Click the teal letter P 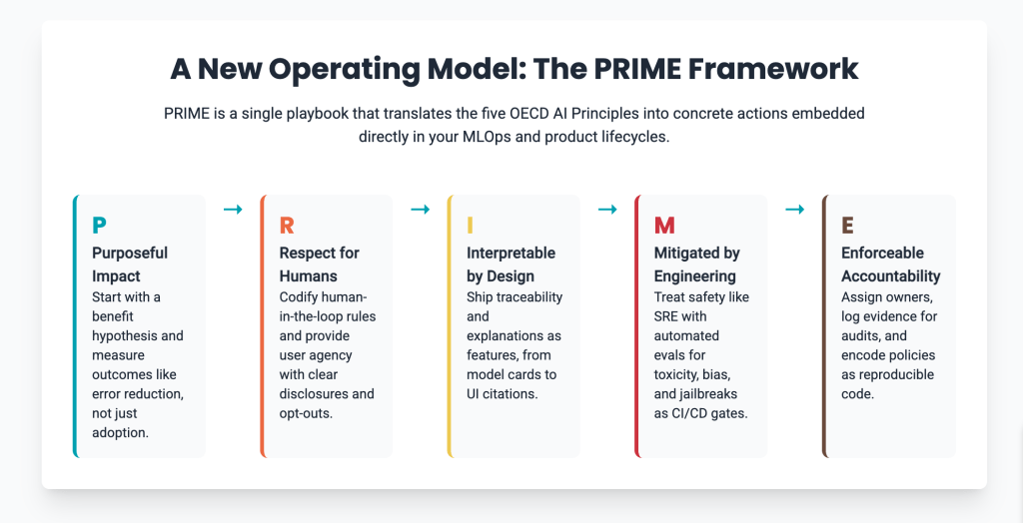pos(99,226)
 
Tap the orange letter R pos(287,226)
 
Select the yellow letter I pos(470,226)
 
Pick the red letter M pos(664,226)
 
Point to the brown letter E pos(847,226)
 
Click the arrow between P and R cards pos(233,210)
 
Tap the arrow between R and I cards pos(421,210)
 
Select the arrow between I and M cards pos(607,210)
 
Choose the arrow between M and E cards pos(794,210)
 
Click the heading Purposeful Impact pos(130,264)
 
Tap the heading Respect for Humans pos(319,264)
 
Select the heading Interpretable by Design pos(511,264)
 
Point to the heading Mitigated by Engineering pos(696,264)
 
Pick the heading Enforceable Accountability pos(890,264)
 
